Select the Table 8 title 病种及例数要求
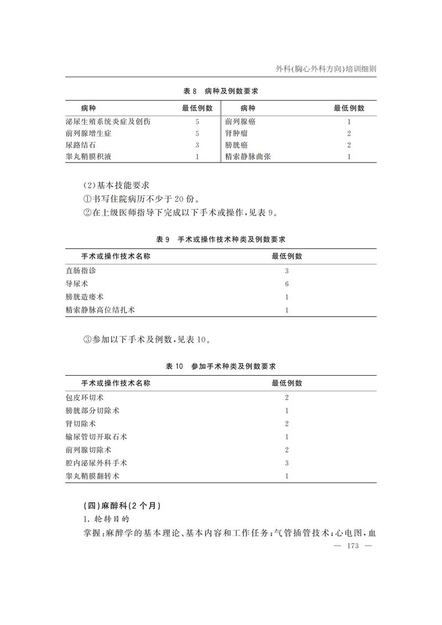click(x=221, y=91)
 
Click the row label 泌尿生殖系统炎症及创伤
click(x=108, y=122)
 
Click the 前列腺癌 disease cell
click(x=240, y=122)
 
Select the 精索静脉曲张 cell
click(x=248, y=157)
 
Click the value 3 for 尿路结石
click(x=197, y=145)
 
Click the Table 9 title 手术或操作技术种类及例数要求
click(x=221, y=239)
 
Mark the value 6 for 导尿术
click(x=287, y=284)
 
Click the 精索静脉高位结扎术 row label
click(x=100, y=310)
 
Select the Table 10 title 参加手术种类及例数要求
click(x=221, y=366)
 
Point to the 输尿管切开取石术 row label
click(x=96, y=437)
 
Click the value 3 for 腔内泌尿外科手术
click(x=287, y=463)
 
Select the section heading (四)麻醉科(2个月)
click(x=121, y=506)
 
